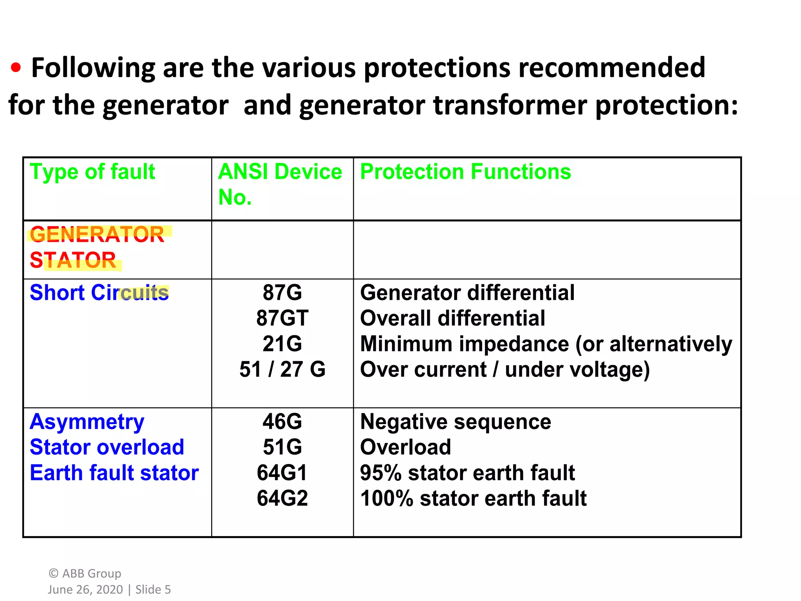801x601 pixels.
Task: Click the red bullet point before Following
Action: [16, 68]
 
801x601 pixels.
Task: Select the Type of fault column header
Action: [92, 172]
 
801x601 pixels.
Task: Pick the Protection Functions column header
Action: [465, 172]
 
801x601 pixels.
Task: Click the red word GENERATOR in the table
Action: [97, 235]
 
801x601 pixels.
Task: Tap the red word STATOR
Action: [73, 260]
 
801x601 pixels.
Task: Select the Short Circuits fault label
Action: [99, 293]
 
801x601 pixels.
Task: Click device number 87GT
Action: [282, 318]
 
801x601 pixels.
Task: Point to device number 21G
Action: [282, 344]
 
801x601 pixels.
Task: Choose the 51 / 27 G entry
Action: [282, 369]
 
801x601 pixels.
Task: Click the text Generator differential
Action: [467, 293]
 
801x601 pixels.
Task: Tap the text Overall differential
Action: [452, 318]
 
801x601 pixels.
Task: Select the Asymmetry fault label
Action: [87, 422]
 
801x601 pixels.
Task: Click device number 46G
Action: [282, 422]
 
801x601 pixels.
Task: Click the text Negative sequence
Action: [455, 422]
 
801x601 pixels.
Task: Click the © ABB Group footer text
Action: [85, 574]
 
